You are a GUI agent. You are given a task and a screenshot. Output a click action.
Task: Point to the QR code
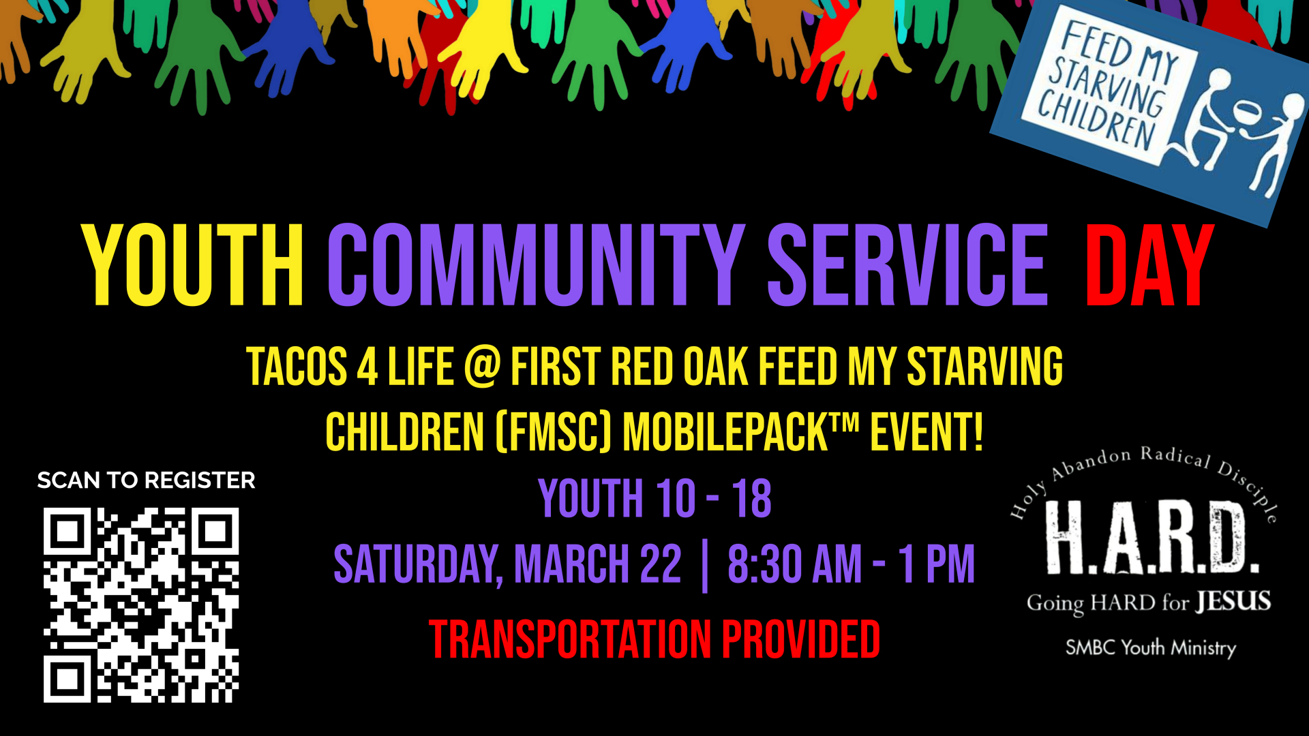[141, 605]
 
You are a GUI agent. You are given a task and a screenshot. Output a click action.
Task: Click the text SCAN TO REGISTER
[146, 480]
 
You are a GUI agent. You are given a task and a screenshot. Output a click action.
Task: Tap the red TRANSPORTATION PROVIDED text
[654, 640]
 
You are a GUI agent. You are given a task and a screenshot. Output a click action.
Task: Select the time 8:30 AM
[794, 564]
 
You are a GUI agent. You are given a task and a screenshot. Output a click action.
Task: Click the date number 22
[660, 564]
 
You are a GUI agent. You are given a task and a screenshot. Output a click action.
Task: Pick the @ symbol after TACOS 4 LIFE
[482, 367]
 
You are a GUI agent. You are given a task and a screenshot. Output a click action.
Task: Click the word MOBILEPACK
[725, 432]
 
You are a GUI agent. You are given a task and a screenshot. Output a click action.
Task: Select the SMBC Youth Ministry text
[1151, 647]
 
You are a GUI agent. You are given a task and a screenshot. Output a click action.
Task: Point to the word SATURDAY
[418, 565]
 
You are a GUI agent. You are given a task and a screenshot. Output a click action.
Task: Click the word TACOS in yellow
[297, 367]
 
